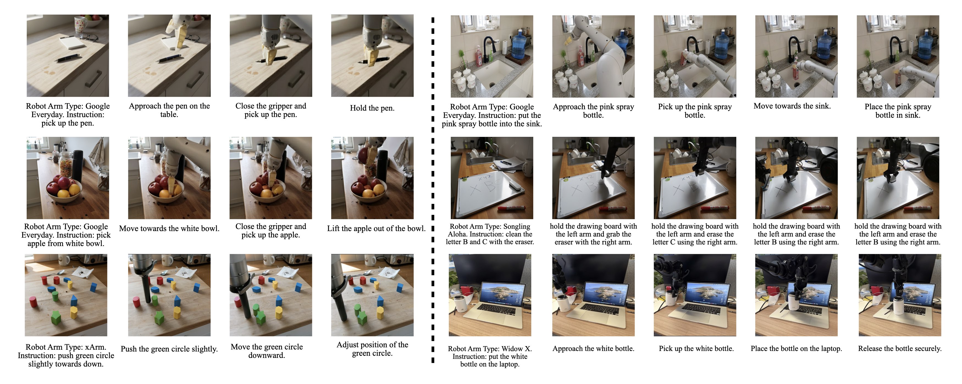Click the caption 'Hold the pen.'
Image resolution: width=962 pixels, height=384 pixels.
point(372,108)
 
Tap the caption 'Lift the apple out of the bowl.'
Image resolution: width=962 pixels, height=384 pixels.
point(376,228)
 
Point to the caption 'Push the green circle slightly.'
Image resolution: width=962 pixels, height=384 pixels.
point(169,349)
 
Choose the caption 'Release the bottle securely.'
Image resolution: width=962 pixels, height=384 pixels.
point(900,349)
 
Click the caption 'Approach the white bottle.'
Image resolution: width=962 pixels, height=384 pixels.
point(593,349)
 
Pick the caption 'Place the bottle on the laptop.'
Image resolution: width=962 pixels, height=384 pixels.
point(796,349)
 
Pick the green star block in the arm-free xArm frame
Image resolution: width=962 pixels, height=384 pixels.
point(56,317)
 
